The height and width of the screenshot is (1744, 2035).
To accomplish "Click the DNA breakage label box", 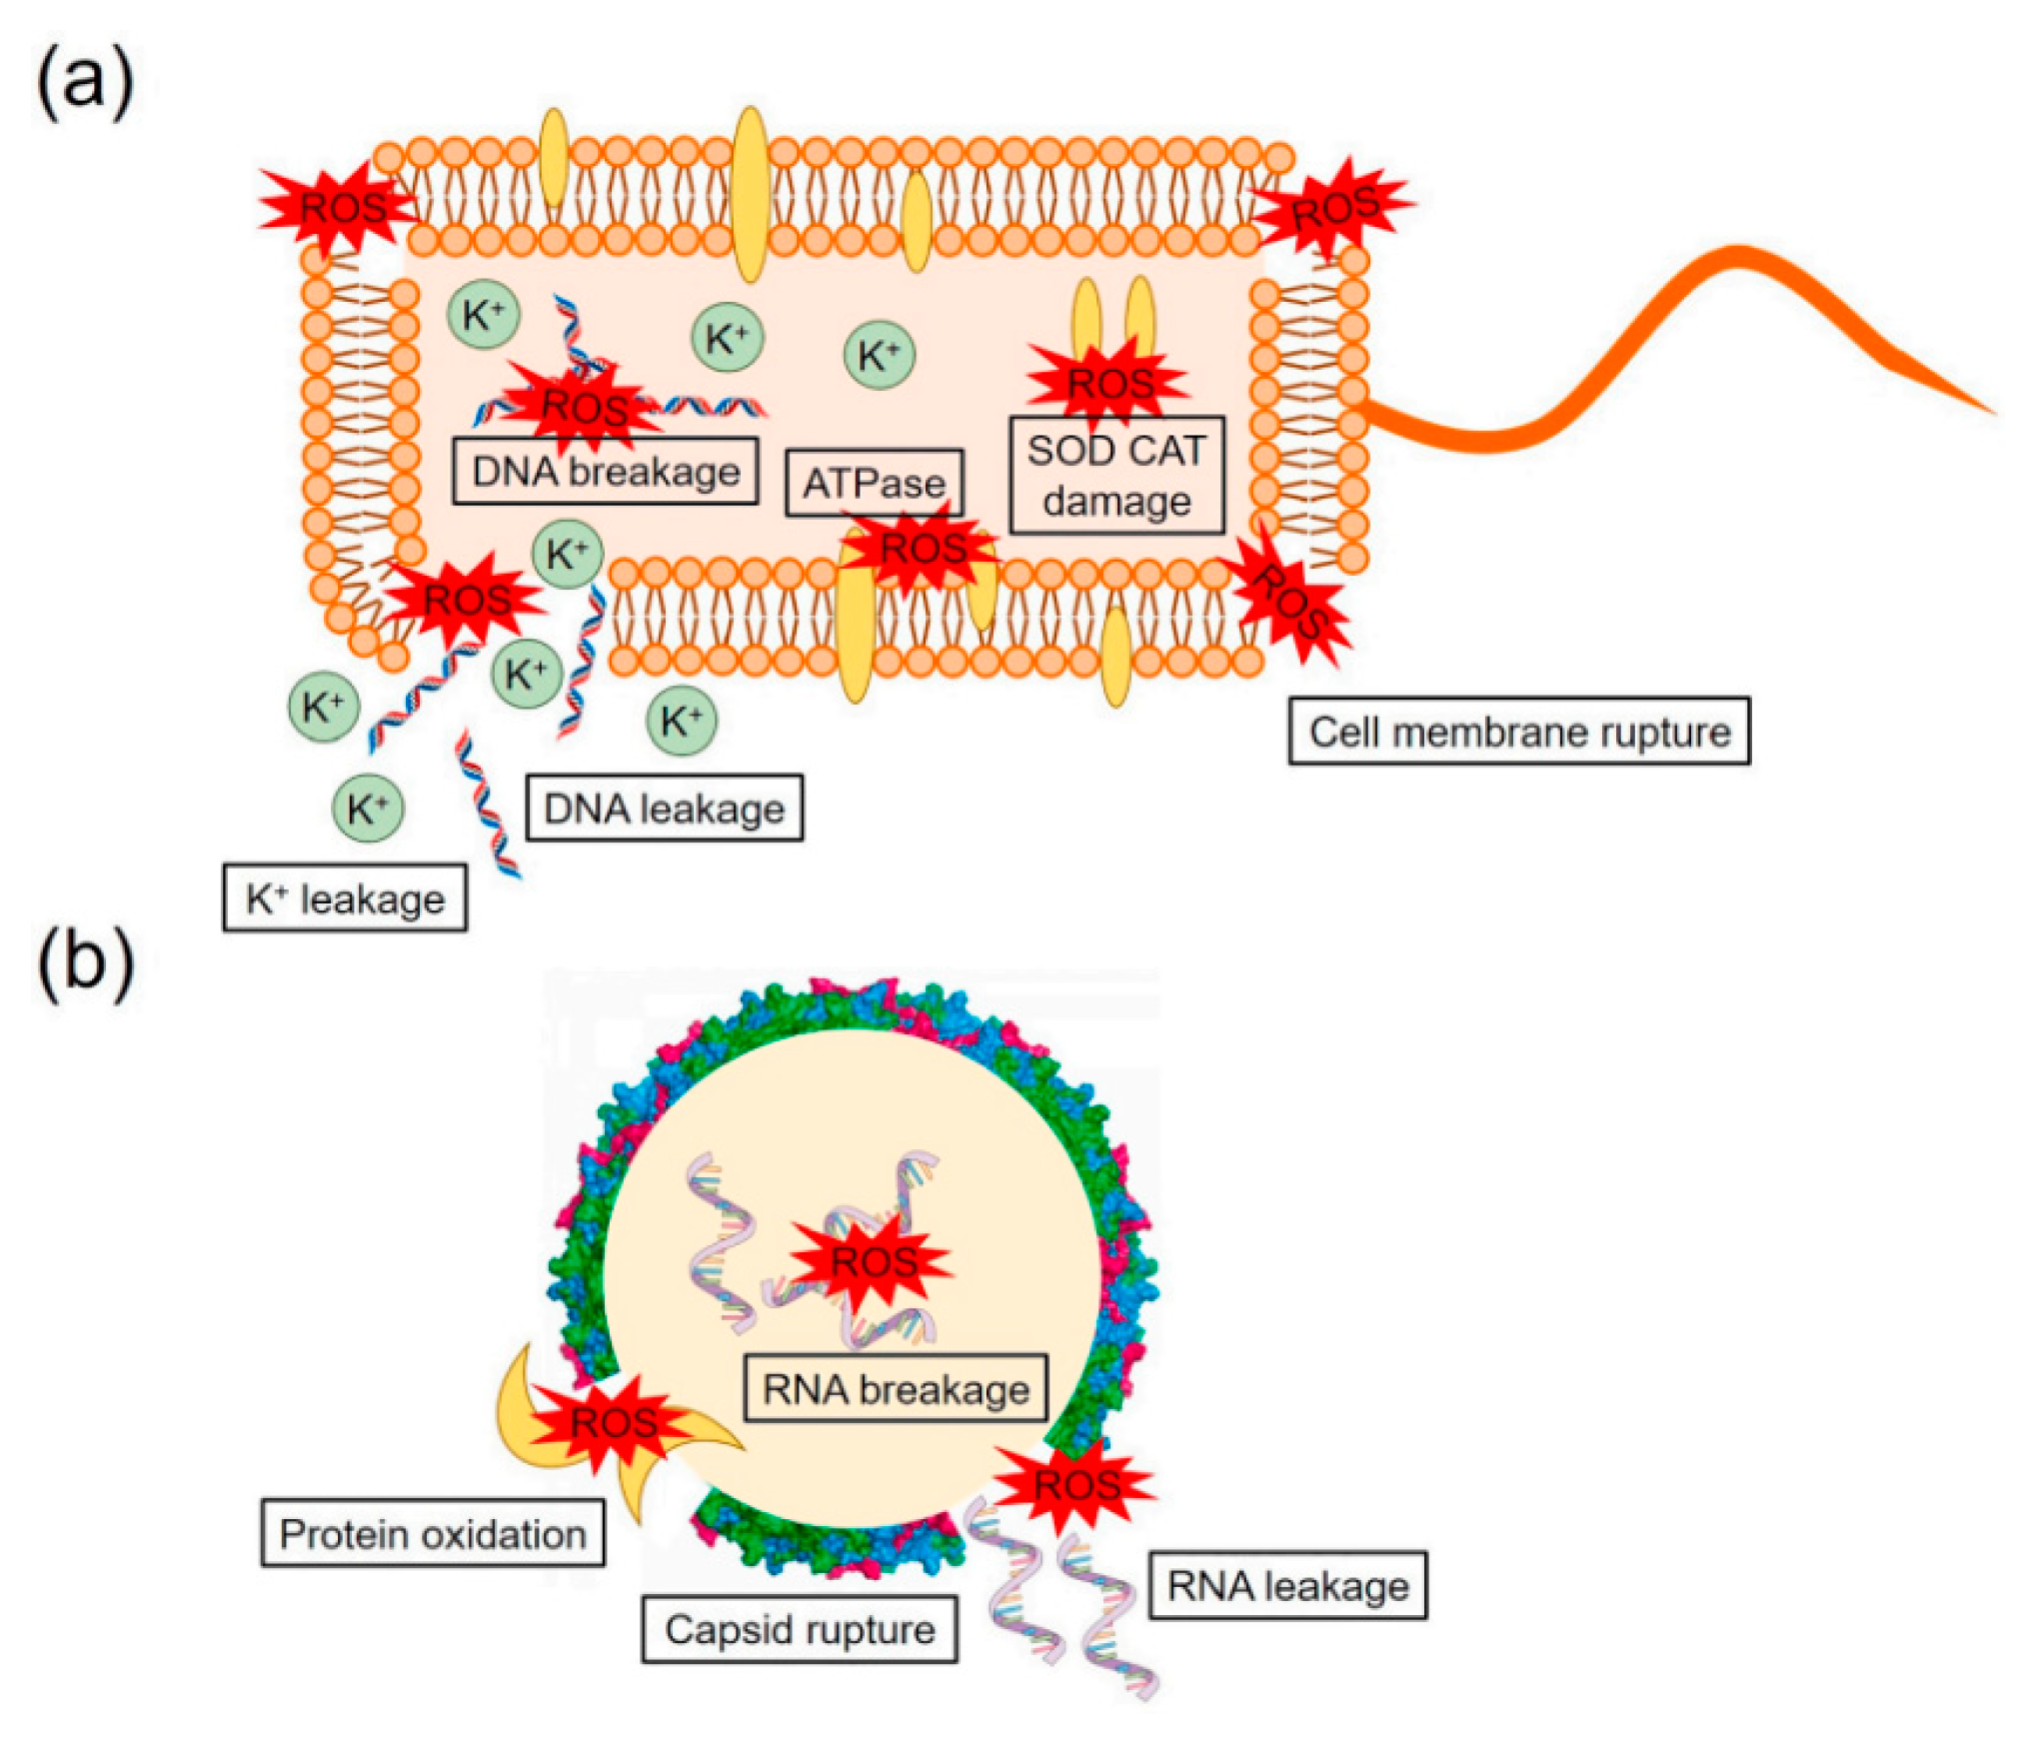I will tap(605, 471).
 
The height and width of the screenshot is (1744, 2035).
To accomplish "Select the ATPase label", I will tap(874, 484).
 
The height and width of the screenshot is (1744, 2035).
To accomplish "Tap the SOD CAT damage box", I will tap(1116, 475).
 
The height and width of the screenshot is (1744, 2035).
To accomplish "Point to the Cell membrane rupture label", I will tap(1518, 732).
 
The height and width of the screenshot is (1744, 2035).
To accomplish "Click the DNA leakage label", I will tap(664, 808).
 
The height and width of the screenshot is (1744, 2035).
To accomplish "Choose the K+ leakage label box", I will tap(345, 898).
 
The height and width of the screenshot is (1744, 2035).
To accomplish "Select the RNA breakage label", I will tap(896, 1389).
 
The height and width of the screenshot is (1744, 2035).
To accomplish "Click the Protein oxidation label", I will tap(433, 1533).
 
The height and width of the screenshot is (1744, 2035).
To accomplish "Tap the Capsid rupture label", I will tap(800, 1629).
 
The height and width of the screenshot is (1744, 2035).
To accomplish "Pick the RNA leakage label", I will tap(1287, 1586).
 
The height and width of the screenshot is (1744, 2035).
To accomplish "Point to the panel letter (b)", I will tap(85, 961).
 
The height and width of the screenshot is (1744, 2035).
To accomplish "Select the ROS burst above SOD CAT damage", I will tap(1110, 383).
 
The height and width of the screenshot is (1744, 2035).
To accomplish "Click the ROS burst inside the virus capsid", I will tap(873, 1261).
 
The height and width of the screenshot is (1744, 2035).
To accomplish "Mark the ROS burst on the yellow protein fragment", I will tap(612, 1421).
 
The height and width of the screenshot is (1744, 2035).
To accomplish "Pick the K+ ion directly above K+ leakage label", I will tap(368, 808).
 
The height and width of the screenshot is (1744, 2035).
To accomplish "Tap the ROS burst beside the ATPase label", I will tap(923, 549).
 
